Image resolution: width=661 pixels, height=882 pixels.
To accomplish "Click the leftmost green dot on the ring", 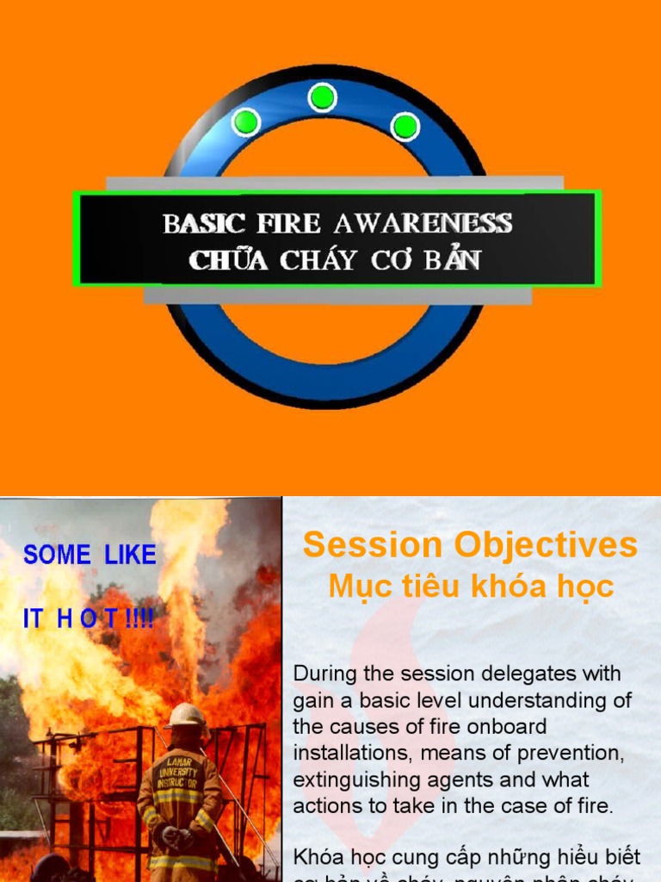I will coord(246,122).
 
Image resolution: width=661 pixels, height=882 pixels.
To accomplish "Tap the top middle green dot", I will coord(322,97).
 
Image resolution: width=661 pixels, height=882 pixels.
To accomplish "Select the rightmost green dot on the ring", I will coord(405,127).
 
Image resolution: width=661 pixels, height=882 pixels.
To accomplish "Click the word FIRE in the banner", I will coord(288,224).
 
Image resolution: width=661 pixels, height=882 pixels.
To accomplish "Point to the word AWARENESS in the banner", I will coord(423,224).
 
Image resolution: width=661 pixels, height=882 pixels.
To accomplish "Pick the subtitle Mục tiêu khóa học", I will coord(471,587).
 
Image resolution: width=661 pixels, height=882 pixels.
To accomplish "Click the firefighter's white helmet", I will coord(186,716).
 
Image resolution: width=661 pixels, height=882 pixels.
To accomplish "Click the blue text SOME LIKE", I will coord(90,556).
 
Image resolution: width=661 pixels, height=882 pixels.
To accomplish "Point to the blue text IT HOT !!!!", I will coord(89,619).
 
